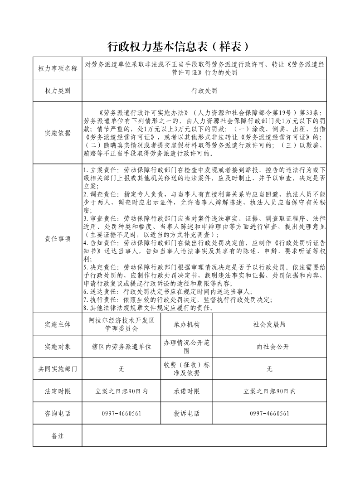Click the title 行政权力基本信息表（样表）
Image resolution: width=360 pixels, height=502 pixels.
point(179,46)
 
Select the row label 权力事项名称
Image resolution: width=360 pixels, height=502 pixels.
point(58,68)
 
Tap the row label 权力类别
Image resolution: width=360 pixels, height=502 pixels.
point(58,91)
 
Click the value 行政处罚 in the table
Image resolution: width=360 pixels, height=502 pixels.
point(204,91)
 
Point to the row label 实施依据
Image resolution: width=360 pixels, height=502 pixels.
point(58,133)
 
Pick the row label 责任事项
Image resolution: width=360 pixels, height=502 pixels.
point(58,239)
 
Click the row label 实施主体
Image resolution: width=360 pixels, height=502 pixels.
point(58,324)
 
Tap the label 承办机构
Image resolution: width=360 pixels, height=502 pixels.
point(186,324)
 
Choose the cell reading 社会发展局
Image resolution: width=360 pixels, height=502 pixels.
point(269,324)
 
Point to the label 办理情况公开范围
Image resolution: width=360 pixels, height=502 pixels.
point(186,347)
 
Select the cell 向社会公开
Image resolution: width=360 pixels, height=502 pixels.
point(269,347)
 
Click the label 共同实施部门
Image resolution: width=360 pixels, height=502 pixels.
point(58,369)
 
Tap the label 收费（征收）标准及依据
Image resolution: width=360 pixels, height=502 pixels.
point(186,369)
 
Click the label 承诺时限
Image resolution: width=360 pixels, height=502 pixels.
point(186,391)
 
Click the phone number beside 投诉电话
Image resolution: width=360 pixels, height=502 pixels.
point(269,413)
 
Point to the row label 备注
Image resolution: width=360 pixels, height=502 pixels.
point(58,435)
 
